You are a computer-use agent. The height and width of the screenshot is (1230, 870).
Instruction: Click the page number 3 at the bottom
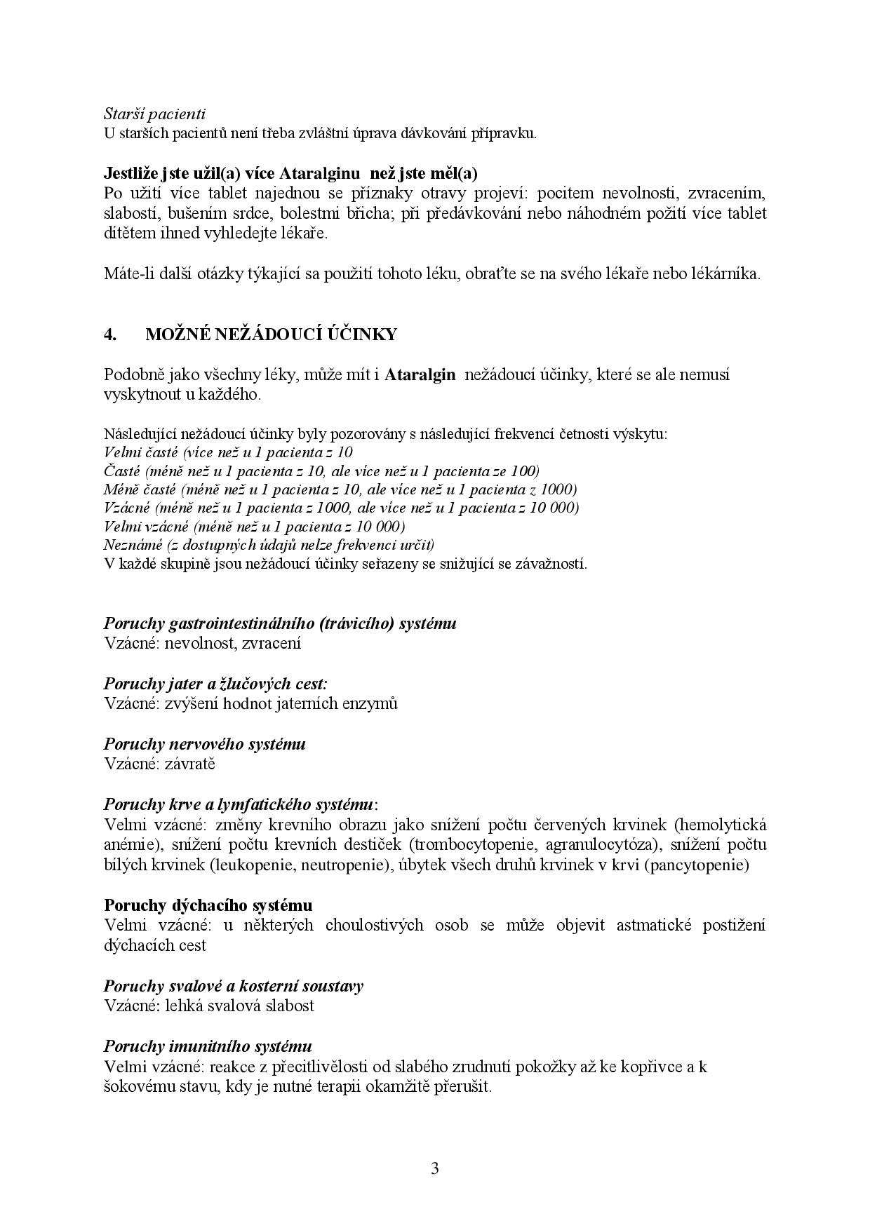(x=434, y=1168)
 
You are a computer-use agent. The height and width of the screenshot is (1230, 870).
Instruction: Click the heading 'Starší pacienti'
(x=154, y=113)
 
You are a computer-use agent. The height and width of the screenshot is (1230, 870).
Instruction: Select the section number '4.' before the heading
(x=109, y=334)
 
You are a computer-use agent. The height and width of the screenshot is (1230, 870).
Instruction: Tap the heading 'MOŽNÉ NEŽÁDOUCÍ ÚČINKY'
(x=271, y=334)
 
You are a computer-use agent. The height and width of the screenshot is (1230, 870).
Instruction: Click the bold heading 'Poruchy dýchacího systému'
(x=208, y=905)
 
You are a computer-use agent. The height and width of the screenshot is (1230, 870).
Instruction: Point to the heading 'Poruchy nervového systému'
(x=204, y=743)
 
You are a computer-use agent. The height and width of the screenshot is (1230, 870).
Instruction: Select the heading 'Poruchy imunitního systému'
(x=208, y=1046)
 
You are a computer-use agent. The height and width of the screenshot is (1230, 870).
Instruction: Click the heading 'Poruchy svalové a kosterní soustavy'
(x=233, y=986)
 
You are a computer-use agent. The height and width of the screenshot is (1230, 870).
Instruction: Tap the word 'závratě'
(x=190, y=763)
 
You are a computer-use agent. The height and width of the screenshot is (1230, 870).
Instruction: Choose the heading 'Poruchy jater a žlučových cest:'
(x=215, y=683)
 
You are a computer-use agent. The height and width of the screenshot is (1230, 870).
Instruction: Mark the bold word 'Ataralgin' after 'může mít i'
(x=420, y=374)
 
